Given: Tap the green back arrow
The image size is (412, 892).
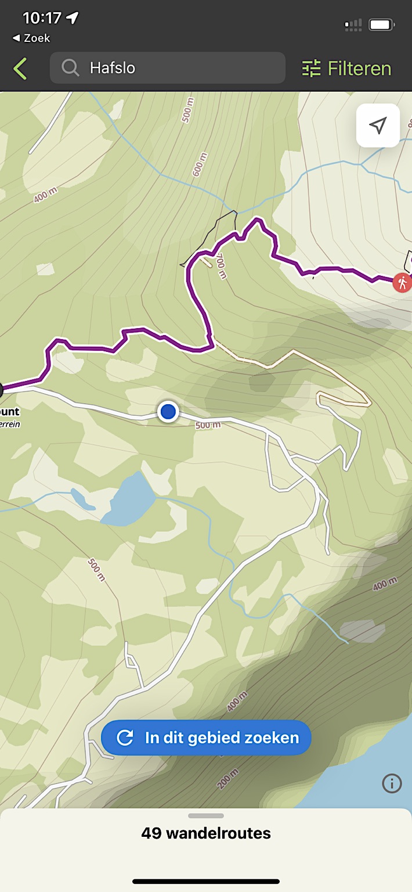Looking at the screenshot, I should [20, 69].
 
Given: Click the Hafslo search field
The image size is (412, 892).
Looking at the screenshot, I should [168, 68].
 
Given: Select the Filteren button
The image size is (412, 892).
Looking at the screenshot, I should [347, 69].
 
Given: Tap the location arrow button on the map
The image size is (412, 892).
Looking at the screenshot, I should [378, 125].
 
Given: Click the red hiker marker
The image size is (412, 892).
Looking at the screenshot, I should [402, 283].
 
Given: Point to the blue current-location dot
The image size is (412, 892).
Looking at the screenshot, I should [168, 412].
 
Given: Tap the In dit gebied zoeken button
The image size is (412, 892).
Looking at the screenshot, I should [206, 738].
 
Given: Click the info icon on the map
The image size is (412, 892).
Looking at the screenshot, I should [392, 783].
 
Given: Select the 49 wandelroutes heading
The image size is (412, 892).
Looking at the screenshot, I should [206, 833].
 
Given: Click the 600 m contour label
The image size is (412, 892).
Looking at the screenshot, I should [200, 164].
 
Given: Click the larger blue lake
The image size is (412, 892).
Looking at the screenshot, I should [129, 499].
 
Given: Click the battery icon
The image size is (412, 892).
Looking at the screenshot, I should [381, 25].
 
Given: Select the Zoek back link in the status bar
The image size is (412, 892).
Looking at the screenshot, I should [31, 38].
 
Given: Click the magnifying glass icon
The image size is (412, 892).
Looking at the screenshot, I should [71, 68].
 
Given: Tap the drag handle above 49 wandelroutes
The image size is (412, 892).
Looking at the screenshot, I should [206, 816].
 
